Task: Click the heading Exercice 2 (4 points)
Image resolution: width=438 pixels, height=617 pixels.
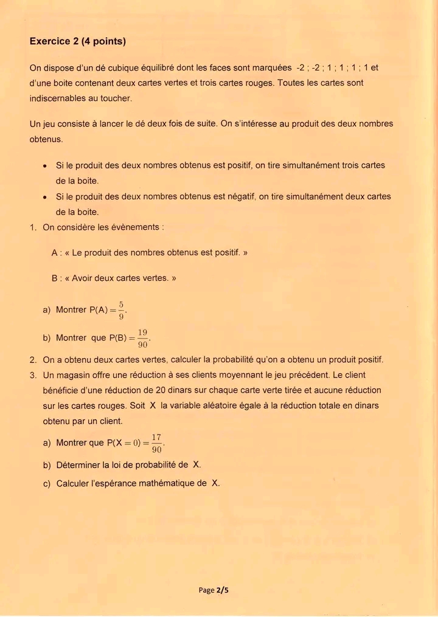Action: point(77,42)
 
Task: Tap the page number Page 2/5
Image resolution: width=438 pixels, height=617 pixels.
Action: point(213,590)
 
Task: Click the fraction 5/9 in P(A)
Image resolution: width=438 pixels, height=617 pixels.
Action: point(121,309)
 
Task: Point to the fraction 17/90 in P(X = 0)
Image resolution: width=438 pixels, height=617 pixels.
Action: point(156,443)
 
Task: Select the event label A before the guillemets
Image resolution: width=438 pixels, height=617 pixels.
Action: point(55,252)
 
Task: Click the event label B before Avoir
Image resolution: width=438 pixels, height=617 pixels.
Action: point(55,278)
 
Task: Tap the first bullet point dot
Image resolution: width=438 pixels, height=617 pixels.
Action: point(46,165)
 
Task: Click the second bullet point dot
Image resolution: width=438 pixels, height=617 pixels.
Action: point(46,197)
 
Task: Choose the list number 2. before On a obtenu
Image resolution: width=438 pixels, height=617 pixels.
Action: point(33,359)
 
